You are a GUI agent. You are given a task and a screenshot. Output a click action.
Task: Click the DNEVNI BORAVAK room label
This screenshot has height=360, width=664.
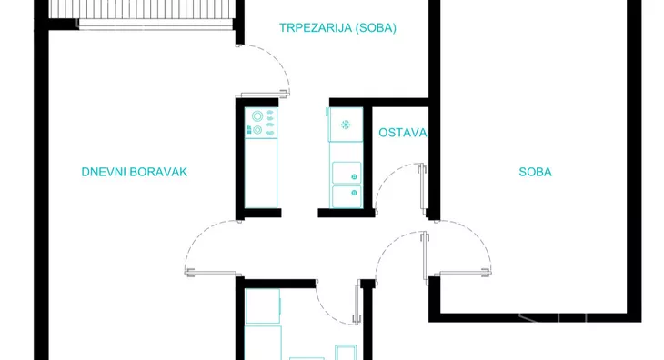(134, 172)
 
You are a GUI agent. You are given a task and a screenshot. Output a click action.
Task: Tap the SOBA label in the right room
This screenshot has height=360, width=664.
(536, 172)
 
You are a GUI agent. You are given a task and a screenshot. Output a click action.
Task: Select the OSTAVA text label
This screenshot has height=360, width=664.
(402, 133)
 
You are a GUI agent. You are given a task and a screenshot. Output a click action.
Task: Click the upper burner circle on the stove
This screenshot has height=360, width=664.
(257, 115)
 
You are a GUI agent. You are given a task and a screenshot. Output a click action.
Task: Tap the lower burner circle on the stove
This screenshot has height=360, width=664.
(257, 130)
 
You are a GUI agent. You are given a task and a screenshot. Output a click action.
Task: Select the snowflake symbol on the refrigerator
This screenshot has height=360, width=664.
(345, 125)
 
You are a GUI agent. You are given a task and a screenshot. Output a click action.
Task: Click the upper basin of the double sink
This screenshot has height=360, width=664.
(346, 173)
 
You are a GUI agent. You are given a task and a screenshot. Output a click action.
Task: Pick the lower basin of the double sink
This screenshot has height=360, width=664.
(346, 195)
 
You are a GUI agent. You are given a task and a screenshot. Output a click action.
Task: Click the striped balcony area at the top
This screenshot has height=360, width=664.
(136, 9)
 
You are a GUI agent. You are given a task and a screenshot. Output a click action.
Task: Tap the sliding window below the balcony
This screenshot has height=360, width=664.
(155, 27)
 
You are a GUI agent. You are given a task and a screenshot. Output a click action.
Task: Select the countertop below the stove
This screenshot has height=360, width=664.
(262, 173)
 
